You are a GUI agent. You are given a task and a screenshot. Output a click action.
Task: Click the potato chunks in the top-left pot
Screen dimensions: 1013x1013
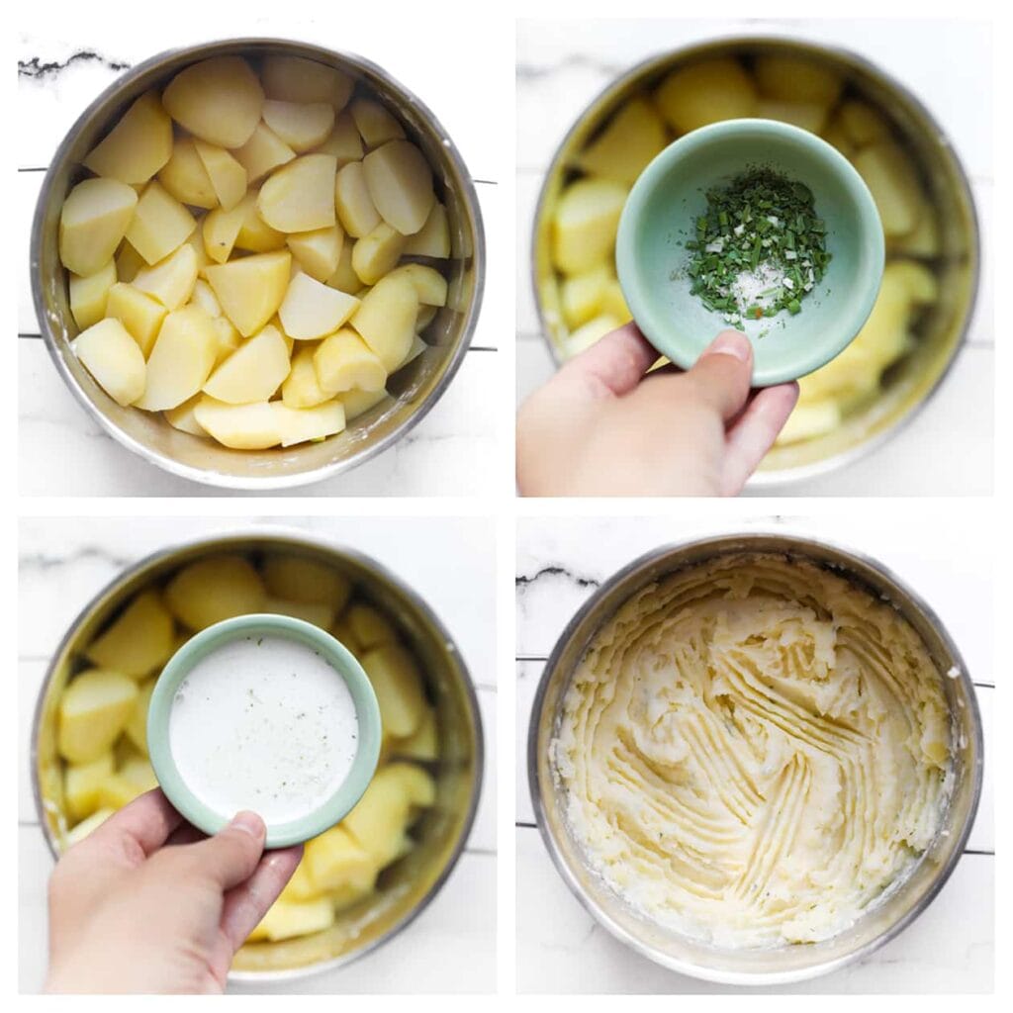pos(247,287)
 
